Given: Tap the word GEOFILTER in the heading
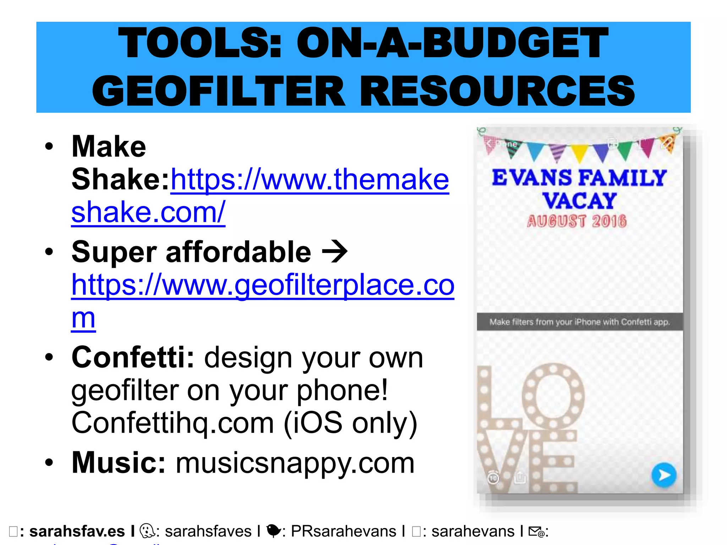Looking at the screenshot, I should click(218, 91).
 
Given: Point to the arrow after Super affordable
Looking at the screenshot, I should click(334, 252).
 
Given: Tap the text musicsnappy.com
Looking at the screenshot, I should click(295, 463).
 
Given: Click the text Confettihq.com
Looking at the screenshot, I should click(173, 423).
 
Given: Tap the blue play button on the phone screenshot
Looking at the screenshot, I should click(664, 475).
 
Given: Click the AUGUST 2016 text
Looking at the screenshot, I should click(576, 221).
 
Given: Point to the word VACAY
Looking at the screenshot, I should click(579, 201).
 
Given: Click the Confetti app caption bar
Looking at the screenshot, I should click(579, 322).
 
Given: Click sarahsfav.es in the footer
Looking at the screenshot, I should click(77, 532).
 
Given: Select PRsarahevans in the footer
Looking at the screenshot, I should click(343, 532).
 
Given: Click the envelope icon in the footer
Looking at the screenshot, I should click(536, 532).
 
